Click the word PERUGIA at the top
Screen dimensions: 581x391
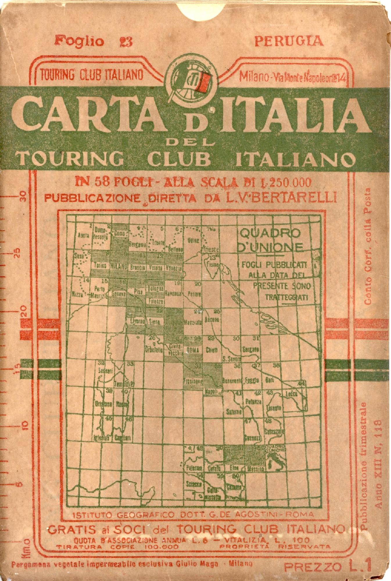[x=289, y=41]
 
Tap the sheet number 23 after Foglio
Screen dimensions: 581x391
[x=126, y=42]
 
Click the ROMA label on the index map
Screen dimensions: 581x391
[x=192, y=350]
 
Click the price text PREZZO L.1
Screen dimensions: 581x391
[x=327, y=566]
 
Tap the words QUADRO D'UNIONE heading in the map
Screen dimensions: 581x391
[x=270, y=240]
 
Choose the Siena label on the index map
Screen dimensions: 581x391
[x=154, y=322]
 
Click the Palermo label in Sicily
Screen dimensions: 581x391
[x=194, y=469]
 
